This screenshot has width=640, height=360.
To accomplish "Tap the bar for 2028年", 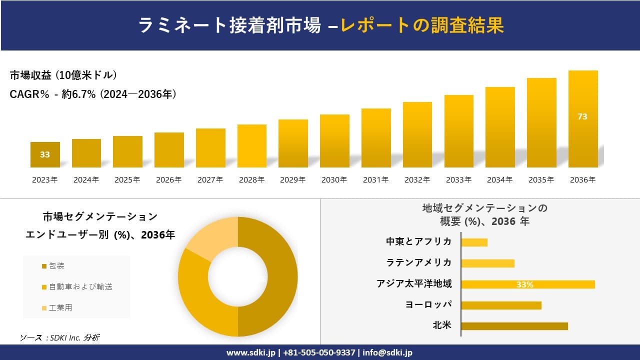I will click(251, 146).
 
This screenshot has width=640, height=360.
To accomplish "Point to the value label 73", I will click(582, 116).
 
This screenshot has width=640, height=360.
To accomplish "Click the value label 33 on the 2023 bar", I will click(45, 154).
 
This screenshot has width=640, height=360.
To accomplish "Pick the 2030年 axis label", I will click(334, 180).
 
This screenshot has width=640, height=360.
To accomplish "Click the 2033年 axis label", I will click(458, 180).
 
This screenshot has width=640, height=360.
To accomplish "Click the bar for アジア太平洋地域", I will click(527, 284).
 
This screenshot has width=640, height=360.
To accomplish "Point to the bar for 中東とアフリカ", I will click(474, 242).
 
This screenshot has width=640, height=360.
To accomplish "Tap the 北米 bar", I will click(514, 326).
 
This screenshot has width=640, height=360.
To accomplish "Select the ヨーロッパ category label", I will click(428, 304).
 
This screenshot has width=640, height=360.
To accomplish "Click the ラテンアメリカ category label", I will click(418, 262).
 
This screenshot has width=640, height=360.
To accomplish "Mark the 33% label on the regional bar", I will click(524, 284).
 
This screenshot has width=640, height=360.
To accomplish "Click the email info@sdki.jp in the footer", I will click(388, 352).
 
